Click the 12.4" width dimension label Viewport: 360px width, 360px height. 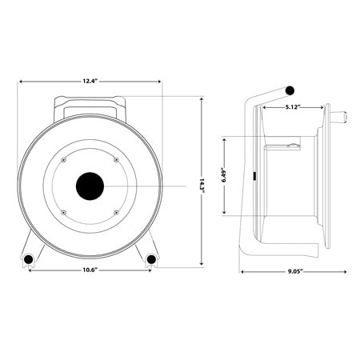[90, 81]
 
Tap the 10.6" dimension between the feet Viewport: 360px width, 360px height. [90, 270]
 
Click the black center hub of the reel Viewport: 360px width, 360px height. [90, 187]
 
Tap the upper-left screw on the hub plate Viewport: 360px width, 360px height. [63, 161]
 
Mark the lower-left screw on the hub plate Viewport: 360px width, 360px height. [63, 213]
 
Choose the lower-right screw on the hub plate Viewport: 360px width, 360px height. [117, 213]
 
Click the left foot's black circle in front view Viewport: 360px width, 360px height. [29, 259]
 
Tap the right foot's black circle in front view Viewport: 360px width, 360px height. [150, 259]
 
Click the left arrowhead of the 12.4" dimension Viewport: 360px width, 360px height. [22, 81]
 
